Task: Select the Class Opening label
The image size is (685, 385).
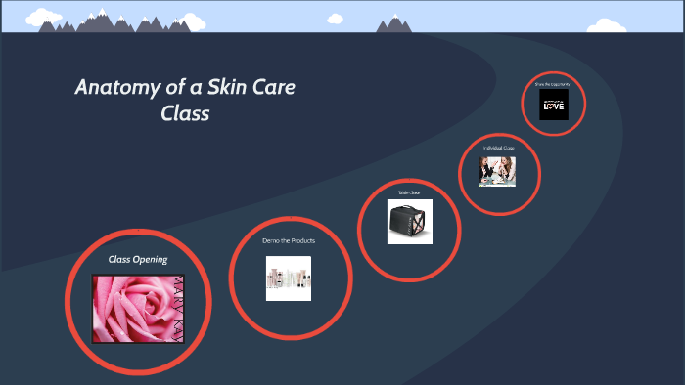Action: click(138, 260)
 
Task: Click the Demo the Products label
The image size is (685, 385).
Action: click(289, 240)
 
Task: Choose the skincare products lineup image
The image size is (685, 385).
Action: click(289, 278)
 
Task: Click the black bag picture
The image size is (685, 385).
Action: click(409, 226)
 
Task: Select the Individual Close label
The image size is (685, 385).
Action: click(498, 148)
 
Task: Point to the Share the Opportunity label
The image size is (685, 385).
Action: click(553, 85)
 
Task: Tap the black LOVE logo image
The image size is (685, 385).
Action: click(553, 104)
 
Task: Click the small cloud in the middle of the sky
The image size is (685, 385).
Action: click(336, 18)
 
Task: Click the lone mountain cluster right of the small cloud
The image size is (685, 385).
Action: click(395, 23)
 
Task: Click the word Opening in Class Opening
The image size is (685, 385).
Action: click(151, 260)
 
